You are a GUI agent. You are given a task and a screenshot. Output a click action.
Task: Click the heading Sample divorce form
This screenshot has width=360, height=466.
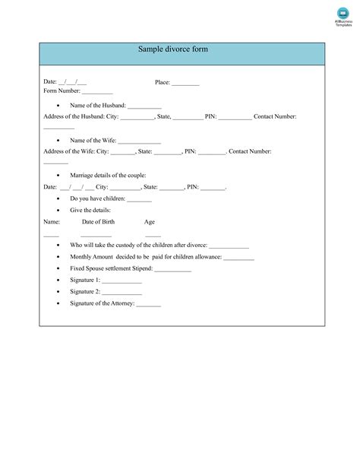172,49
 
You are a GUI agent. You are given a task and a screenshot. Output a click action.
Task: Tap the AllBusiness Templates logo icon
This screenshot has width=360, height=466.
343,13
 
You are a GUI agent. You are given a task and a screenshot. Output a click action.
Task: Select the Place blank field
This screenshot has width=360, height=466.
185,84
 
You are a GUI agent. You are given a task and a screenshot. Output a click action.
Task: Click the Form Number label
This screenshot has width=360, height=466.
62,91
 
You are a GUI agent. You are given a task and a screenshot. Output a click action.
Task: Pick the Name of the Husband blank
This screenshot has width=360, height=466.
144,106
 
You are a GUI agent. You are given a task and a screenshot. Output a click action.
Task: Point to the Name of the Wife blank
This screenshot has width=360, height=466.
139,141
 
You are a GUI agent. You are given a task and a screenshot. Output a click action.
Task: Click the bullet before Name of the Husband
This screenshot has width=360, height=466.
59,106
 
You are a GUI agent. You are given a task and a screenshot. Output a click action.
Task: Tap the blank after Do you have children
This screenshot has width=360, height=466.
139,199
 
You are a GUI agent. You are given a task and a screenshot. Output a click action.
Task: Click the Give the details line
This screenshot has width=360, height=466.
90,211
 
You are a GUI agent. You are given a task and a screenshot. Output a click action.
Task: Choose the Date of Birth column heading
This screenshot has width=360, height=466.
98,222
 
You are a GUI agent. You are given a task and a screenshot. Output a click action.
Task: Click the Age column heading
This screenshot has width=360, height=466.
150,222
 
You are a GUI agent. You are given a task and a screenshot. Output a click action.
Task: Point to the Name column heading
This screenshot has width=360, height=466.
52,222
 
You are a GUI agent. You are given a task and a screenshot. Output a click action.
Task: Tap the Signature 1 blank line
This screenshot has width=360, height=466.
122,281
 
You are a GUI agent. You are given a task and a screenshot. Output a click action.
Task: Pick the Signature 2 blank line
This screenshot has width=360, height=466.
122,293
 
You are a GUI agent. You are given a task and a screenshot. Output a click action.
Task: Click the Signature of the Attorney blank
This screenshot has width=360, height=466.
149,305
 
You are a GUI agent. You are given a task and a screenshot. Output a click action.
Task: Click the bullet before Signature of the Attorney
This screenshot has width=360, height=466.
59,304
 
